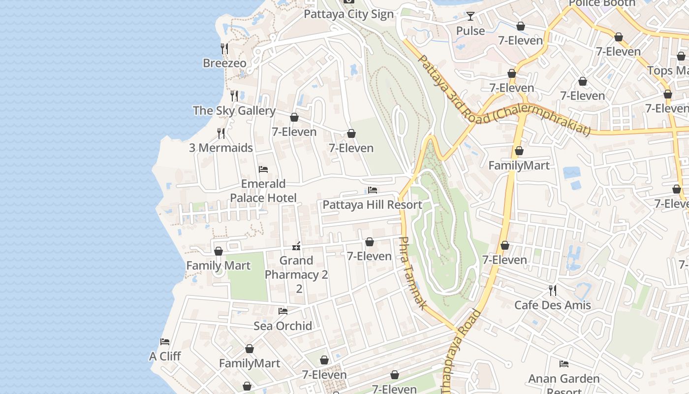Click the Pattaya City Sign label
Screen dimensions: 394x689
click(348, 14)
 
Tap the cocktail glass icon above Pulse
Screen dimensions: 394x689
click(470, 16)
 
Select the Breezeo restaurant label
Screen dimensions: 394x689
click(224, 63)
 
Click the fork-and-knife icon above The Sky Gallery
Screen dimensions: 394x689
click(235, 96)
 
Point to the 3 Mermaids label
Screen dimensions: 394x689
click(221, 148)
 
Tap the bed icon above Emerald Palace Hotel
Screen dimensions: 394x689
click(263, 169)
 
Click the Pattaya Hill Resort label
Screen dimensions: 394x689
click(372, 205)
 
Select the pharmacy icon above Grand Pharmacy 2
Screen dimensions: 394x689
click(296, 246)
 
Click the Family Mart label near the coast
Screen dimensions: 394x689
click(218, 265)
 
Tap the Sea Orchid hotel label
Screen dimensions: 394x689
click(282, 326)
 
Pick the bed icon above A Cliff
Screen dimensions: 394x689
click(165, 341)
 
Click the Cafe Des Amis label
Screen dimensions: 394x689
click(552, 305)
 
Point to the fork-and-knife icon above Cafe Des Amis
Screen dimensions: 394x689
click(553, 290)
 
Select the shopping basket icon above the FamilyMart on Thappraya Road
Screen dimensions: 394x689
click(519, 151)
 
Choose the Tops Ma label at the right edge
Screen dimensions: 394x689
click(667, 70)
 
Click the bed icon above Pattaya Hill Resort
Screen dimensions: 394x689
click(373, 190)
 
